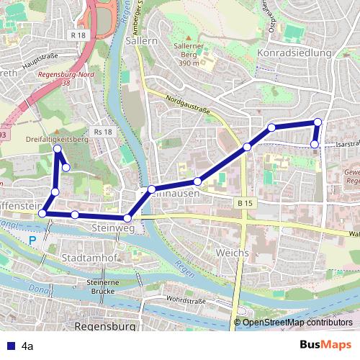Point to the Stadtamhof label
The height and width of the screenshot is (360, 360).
86,256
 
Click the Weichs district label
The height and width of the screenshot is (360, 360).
232,253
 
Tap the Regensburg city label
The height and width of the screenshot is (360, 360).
105,326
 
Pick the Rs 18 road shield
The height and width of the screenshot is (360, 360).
103,132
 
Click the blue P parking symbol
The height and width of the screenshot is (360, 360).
32,241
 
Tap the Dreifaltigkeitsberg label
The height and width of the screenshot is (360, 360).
56,140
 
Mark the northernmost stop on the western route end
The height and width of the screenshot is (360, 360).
58,148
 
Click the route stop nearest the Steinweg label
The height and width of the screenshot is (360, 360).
127,217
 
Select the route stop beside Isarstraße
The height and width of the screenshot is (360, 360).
315,145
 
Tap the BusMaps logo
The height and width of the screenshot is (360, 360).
325,345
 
